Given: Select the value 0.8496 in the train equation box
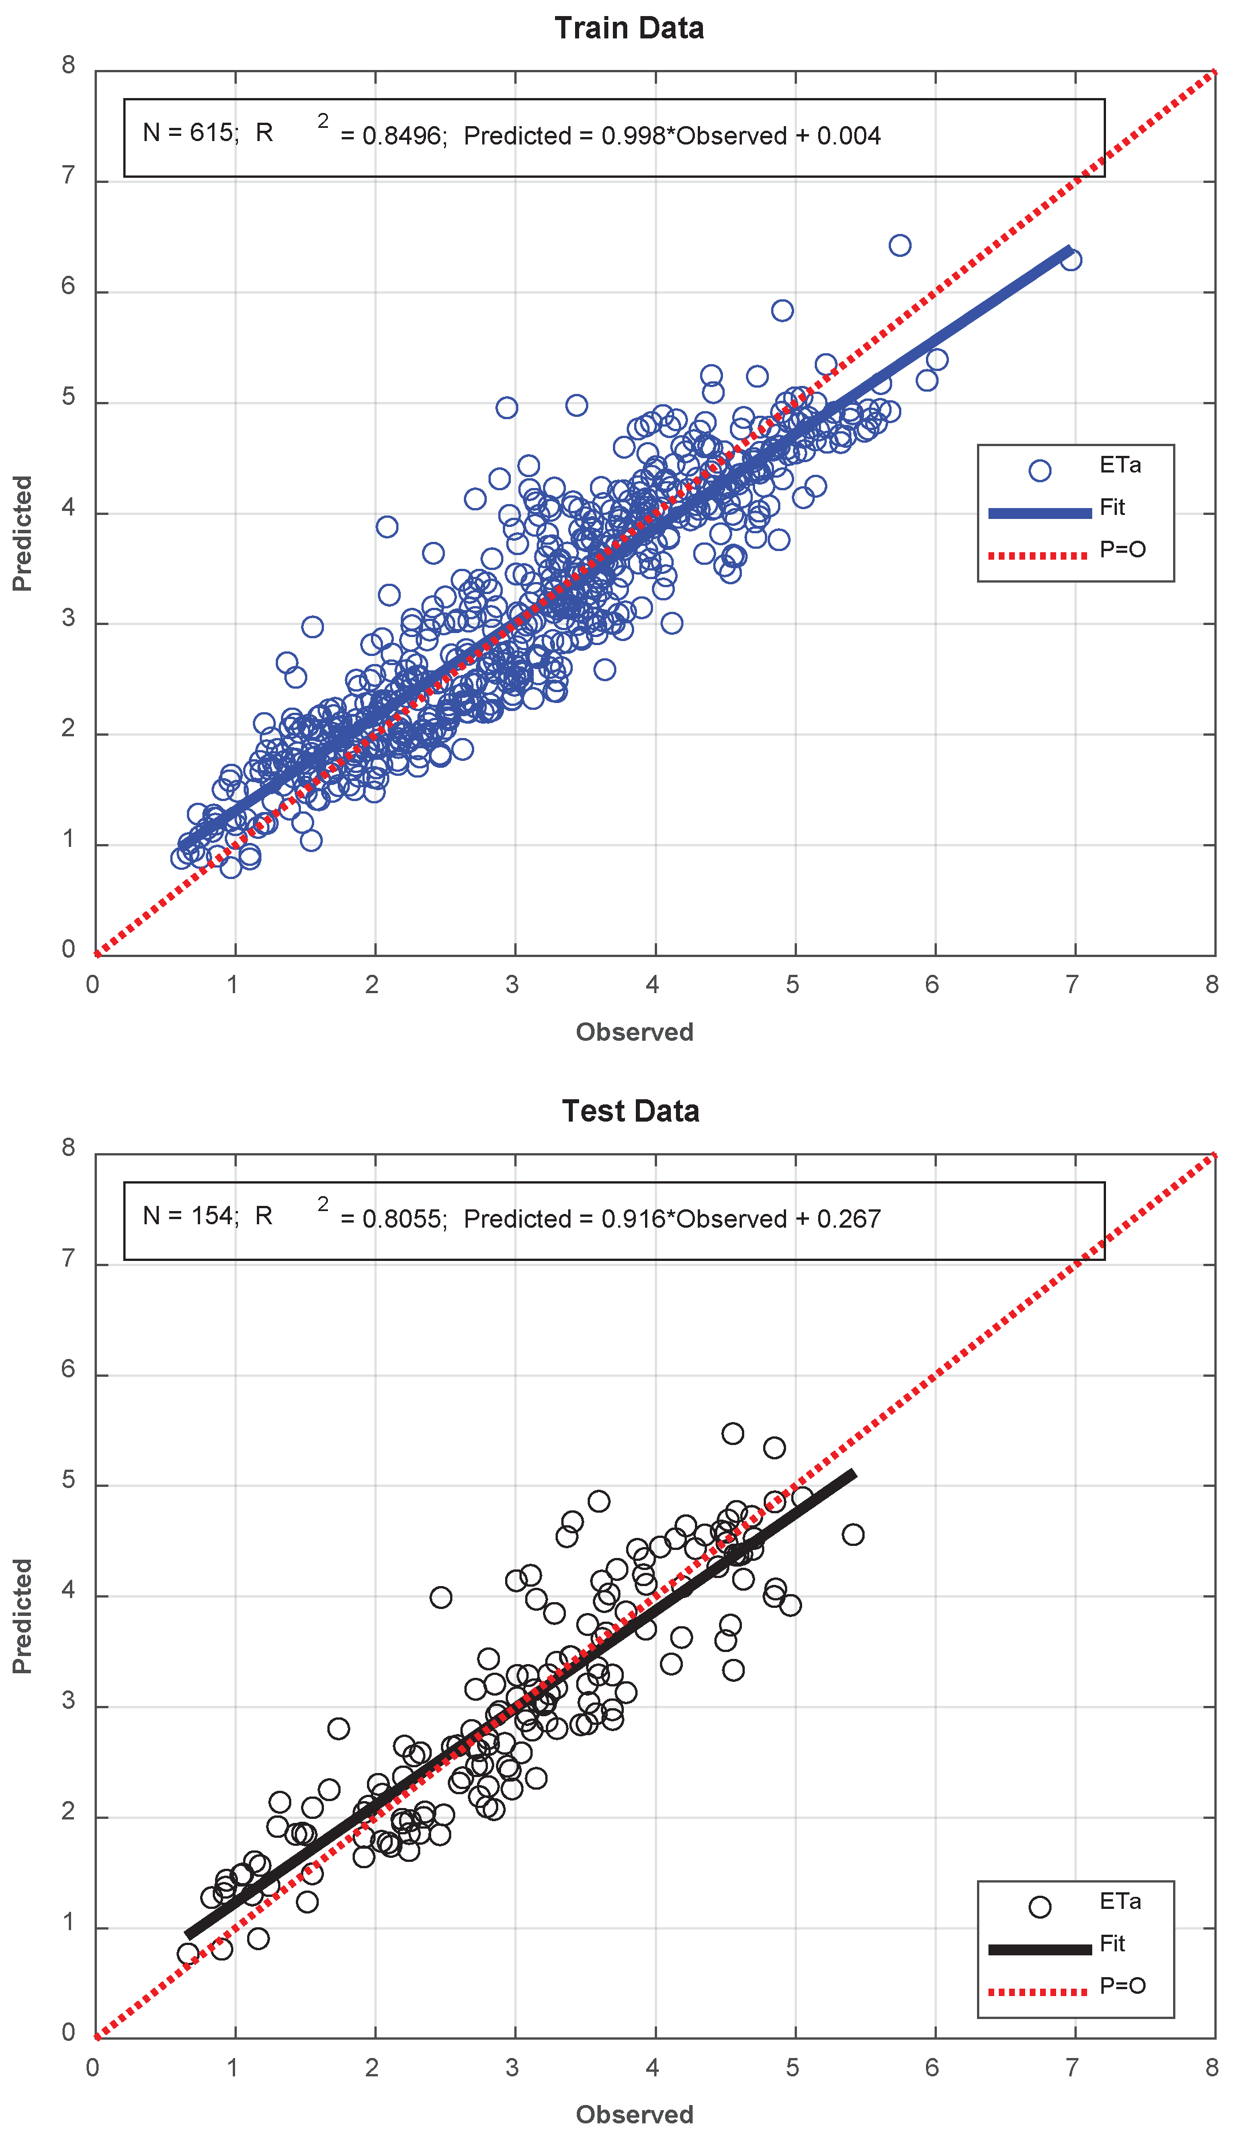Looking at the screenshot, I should [x=401, y=136].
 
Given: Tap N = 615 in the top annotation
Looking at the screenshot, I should [x=190, y=132].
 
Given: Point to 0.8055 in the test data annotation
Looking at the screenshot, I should [x=401, y=1219].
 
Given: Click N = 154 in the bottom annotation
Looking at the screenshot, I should [x=190, y=1216].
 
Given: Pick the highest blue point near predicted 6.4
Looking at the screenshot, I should [x=900, y=245].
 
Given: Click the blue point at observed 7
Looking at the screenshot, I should [x=1071, y=260].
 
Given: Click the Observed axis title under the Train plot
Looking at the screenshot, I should [x=635, y=1032].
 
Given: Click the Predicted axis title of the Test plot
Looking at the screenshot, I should [x=22, y=1616].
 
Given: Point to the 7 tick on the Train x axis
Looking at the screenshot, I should [x=1072, y=985].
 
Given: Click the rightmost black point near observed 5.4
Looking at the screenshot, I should [x=853, y=1534].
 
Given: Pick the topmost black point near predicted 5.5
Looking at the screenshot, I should [x=733, y=1434].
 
